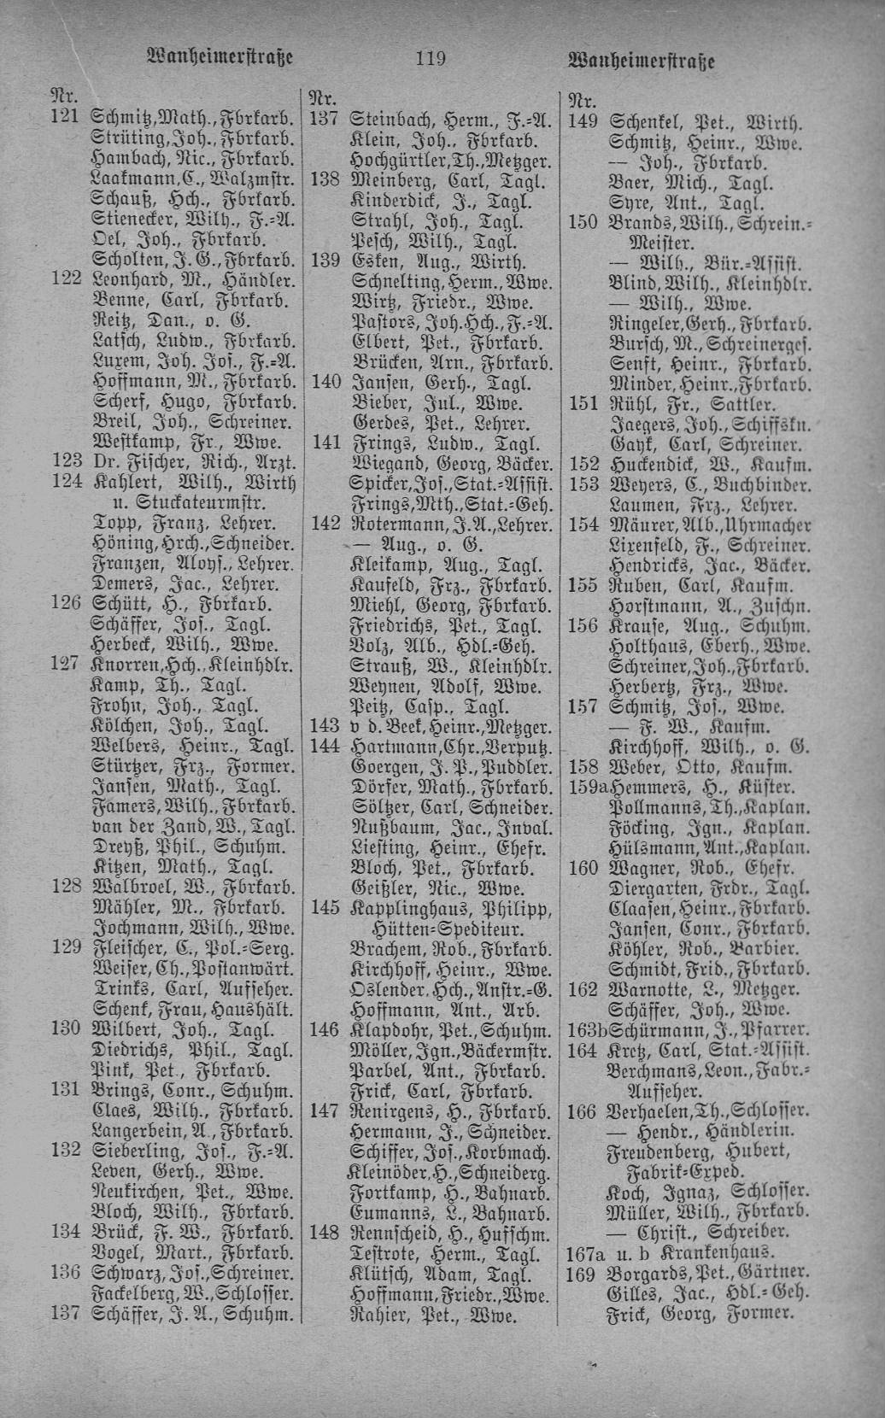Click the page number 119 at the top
coord(431,59)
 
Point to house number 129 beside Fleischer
coord(66,947)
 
